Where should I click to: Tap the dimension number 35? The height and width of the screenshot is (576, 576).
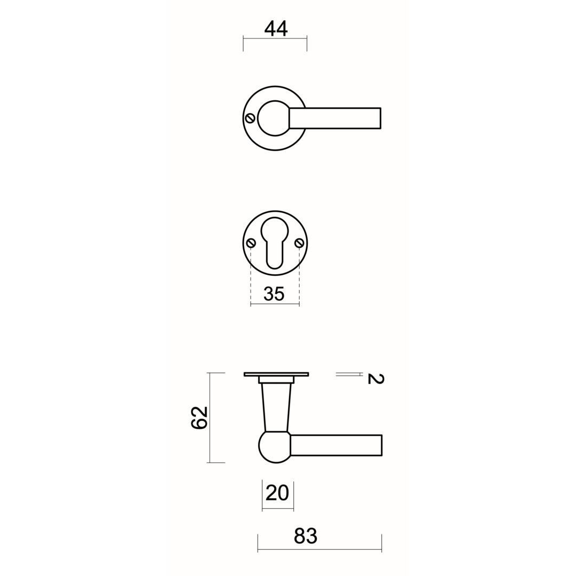pos(274,294)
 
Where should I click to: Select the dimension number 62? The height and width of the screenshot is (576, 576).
pos(199,418)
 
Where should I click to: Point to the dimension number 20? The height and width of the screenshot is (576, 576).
pos(277,493)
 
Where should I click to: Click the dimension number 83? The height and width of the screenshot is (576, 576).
pos(305,536)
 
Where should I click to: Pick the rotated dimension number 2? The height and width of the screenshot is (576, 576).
pos(375,379)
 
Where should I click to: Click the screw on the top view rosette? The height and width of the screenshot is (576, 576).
pos(251,118)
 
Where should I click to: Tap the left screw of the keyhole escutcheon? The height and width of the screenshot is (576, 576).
pos(251,243)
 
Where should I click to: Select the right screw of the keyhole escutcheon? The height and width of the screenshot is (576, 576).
pos(299,243)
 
